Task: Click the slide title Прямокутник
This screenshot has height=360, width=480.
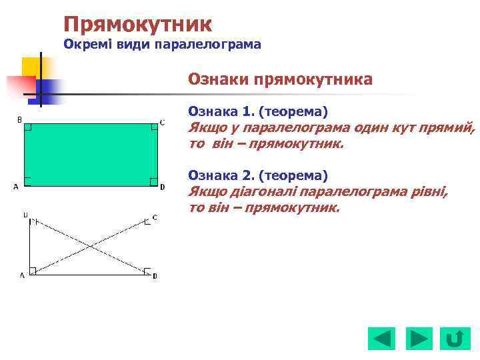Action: point(138,25)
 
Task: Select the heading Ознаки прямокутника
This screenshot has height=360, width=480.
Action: point(280,80)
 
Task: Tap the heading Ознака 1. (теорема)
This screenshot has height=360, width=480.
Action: point(258,111)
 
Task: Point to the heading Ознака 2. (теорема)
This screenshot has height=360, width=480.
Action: point(258,175)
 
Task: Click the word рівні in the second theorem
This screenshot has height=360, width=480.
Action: point(430,192)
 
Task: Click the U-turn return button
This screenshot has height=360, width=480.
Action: point(455,339)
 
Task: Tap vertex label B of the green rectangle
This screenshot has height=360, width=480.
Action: point(19,120)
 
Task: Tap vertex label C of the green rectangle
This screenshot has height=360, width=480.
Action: point(162,122)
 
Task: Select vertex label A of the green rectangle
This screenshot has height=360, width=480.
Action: point(15,187)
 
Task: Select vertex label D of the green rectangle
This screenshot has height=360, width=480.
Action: point(162,187)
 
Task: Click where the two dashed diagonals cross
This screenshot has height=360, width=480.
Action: point(91,247)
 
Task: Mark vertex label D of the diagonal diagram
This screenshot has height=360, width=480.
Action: point(155,275)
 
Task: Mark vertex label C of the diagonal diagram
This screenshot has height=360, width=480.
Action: point(155,217)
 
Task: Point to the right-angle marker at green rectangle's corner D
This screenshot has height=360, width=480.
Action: point(153,181)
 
